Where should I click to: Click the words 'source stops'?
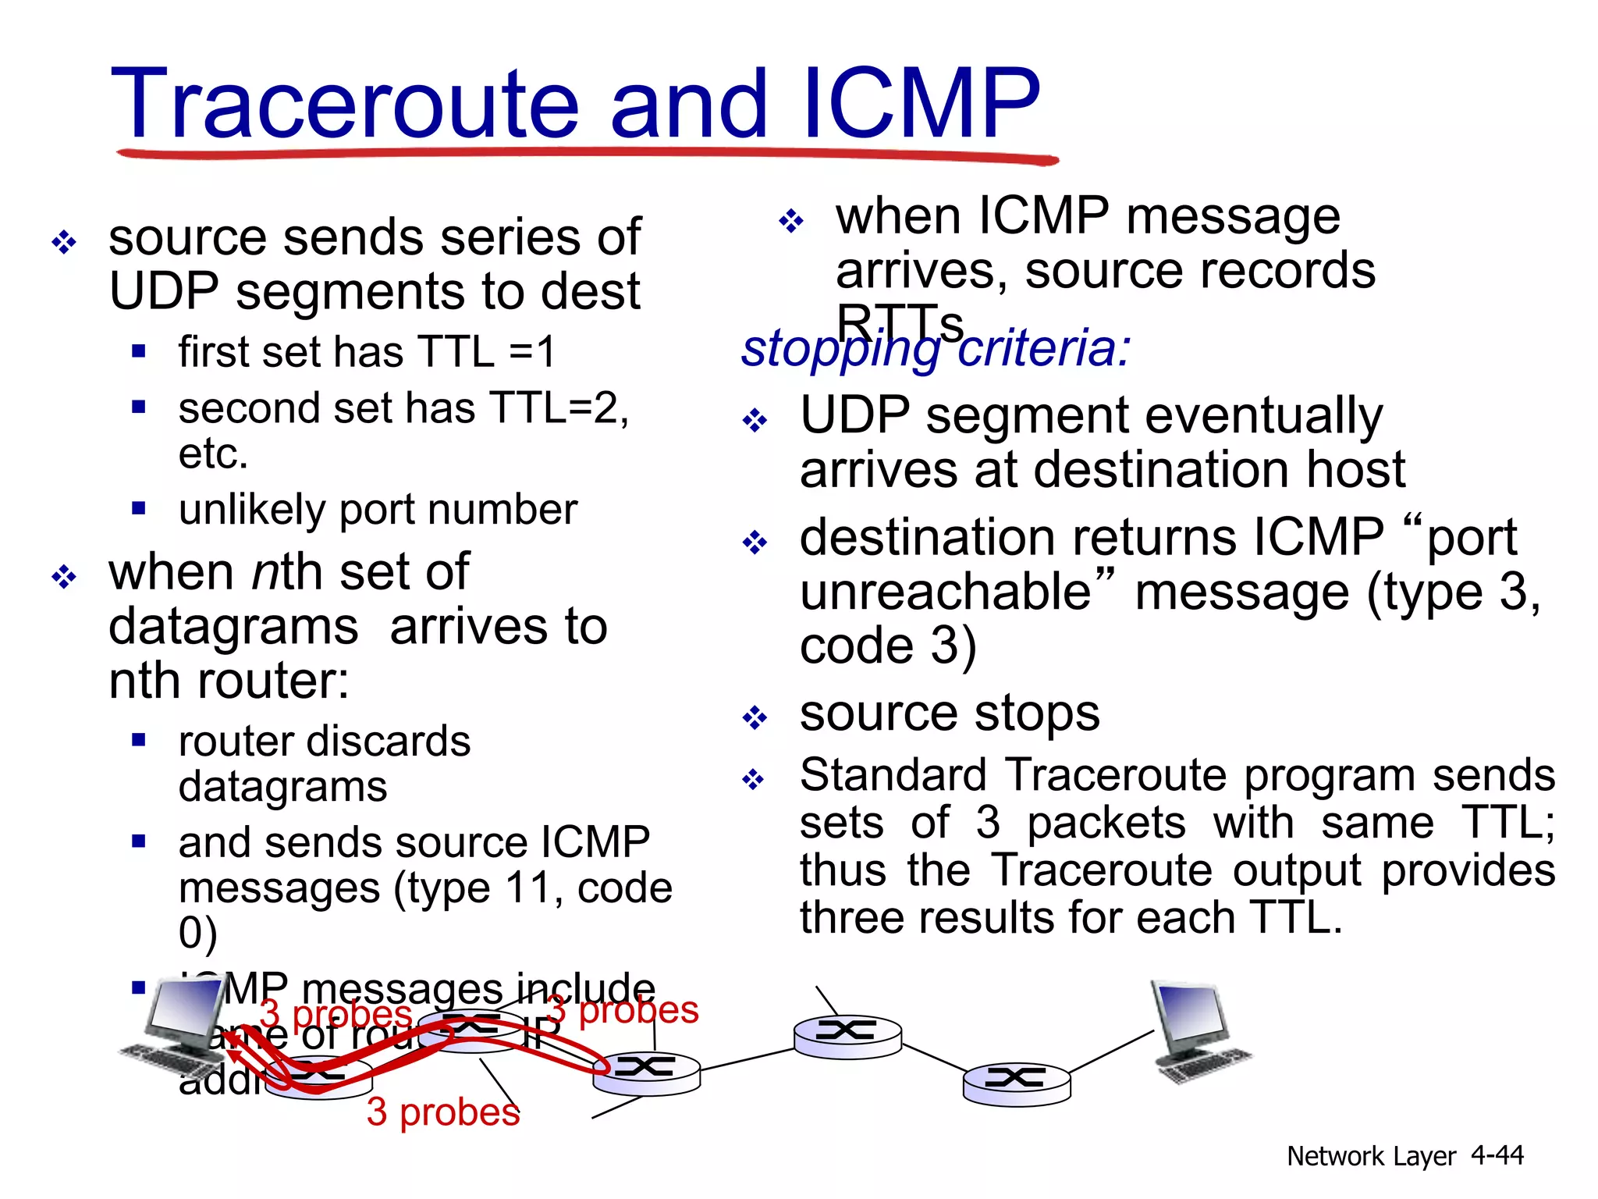click(950, 713)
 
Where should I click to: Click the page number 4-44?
click(1497, 1155)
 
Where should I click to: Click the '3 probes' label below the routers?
click(442, 1112)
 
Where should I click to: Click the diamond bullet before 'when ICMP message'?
click(790, 221)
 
